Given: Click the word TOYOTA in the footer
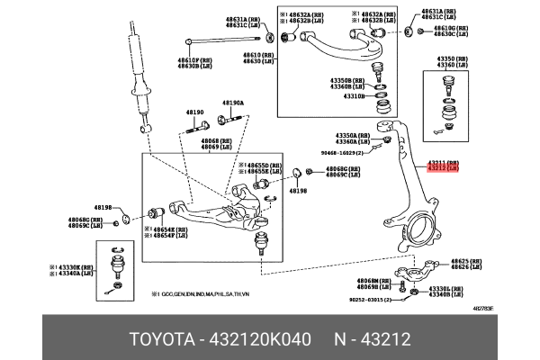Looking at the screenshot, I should [161, 340].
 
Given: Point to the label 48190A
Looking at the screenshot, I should [232, 103].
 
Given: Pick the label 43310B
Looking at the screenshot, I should [349, 95].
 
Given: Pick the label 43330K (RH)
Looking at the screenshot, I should [75, 267].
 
